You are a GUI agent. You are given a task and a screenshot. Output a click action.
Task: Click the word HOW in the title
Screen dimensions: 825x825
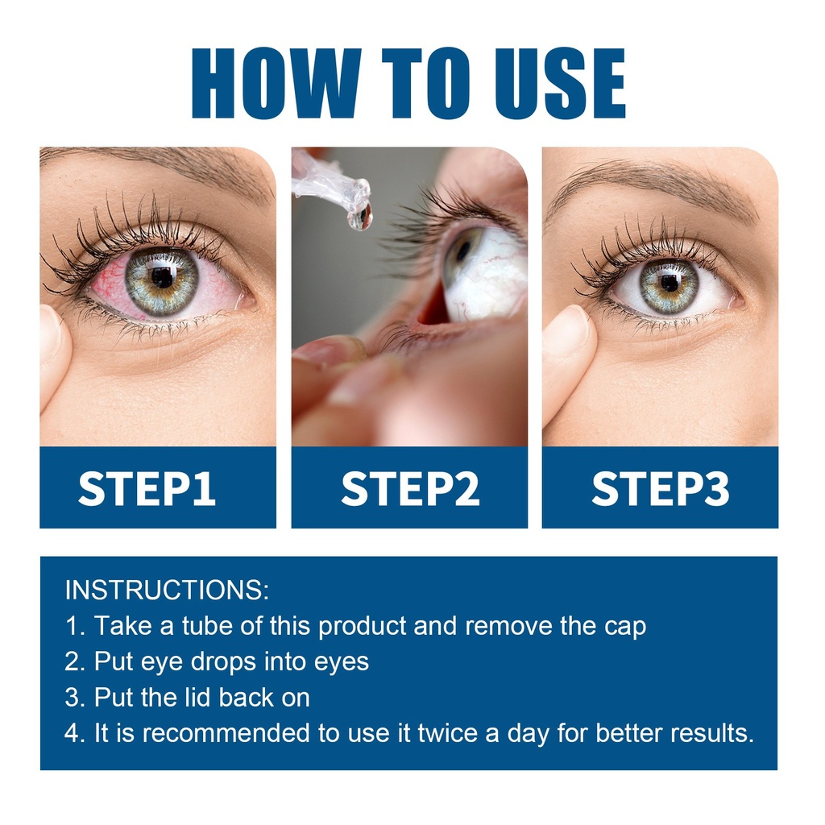click(x=277, y=83)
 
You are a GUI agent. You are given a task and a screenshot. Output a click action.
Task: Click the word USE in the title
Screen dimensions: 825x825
click(x=560, y=83)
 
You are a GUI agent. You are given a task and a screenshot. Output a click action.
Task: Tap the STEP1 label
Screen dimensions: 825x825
click(x=147, y=489)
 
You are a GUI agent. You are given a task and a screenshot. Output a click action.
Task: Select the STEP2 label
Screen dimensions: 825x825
click(x=410, y=489)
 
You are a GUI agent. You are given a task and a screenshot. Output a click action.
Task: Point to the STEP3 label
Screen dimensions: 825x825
click(x=661, y=489)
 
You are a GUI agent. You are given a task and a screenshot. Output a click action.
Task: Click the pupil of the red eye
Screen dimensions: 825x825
click(x=162, y=277)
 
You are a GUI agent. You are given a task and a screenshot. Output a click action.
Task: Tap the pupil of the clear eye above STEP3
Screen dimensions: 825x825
click(x=670, y=284)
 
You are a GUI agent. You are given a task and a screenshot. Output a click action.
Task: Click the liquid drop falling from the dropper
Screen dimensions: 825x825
click(x=360, y=216)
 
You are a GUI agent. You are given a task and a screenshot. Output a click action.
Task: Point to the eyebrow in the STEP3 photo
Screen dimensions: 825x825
click(x=657, y=184)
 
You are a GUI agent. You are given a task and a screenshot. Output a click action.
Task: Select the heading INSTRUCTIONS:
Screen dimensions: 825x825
click(x=167, y=590)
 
